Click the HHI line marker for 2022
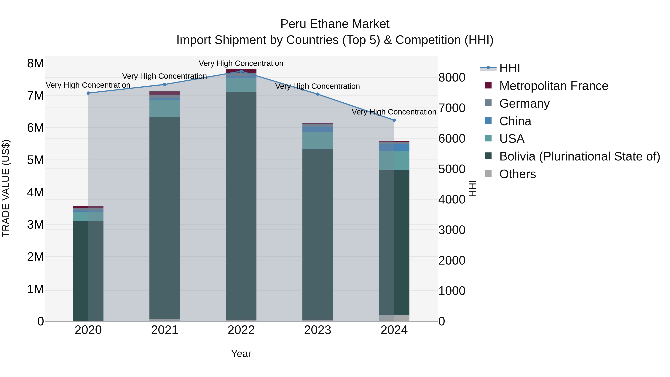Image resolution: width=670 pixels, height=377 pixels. (241, 71)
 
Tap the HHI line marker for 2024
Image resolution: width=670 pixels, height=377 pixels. (394, 120)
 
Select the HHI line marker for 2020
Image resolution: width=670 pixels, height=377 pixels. (88, 93)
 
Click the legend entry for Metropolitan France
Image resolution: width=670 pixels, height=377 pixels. (553, 86)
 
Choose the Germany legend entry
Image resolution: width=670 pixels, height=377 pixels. (524, 104)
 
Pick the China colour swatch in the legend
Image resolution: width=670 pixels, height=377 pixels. (488, 121)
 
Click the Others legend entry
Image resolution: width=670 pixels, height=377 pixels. (517, 174)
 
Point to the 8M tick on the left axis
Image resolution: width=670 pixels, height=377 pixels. (35, 63)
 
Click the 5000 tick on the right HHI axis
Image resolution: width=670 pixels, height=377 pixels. (452, 169)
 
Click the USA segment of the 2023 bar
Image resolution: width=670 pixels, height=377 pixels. (318, 141)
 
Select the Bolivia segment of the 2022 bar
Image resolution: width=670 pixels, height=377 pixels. (241, 206)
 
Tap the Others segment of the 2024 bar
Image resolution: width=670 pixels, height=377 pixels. (394, 318)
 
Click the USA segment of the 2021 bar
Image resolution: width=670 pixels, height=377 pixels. (165, 108)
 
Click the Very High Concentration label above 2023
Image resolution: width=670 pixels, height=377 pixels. (318, 86)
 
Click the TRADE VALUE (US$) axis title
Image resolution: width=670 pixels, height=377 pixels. (6, 188)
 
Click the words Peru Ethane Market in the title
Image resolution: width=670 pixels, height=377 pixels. (335, 24)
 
